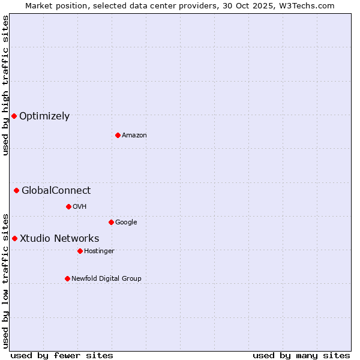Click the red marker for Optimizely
[x=14, y=116]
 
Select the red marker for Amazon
[x=118, y=135]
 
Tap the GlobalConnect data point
[x=16, y=191]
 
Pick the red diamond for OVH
[x=68, y=206]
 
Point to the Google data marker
[x=111, y=222]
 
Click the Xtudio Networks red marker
[x=14, y=238]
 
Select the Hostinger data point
[x=80, y=251]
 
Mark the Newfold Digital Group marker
[x=67, y=278]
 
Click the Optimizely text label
[x=44, y=116]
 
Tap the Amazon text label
[x=134, y=136]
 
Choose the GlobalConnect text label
[x=56, y=191]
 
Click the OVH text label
[x=80, y=207]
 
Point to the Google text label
[x=126, y=223]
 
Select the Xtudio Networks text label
[x=59, y=239]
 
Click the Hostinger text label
[x=99, y=251]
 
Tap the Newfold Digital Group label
[x=106, y=279]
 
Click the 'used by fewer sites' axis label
[x=62, y=355]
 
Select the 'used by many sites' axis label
[x=301, y=355]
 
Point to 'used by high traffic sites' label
[x=5, y=85]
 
